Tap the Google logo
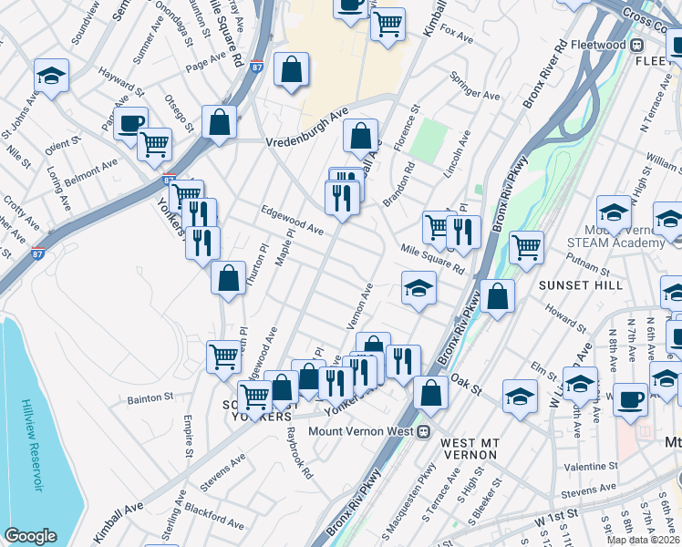(x=30, y=536)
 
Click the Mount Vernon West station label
(x=360, y=431)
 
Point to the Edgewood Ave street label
(x=292, y=221)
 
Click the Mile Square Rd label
(x=431, y=258)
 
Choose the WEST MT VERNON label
(x=469, y=442)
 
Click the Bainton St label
(x=150, y=397)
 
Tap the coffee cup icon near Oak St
(x=630, y=397)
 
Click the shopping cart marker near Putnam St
(x=527, y=244)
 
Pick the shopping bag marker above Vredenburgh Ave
(x=291, y=68)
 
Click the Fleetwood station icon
(x=637, y=45)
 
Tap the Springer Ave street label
(x=479, y=96)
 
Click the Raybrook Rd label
(x=299, y=453)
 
